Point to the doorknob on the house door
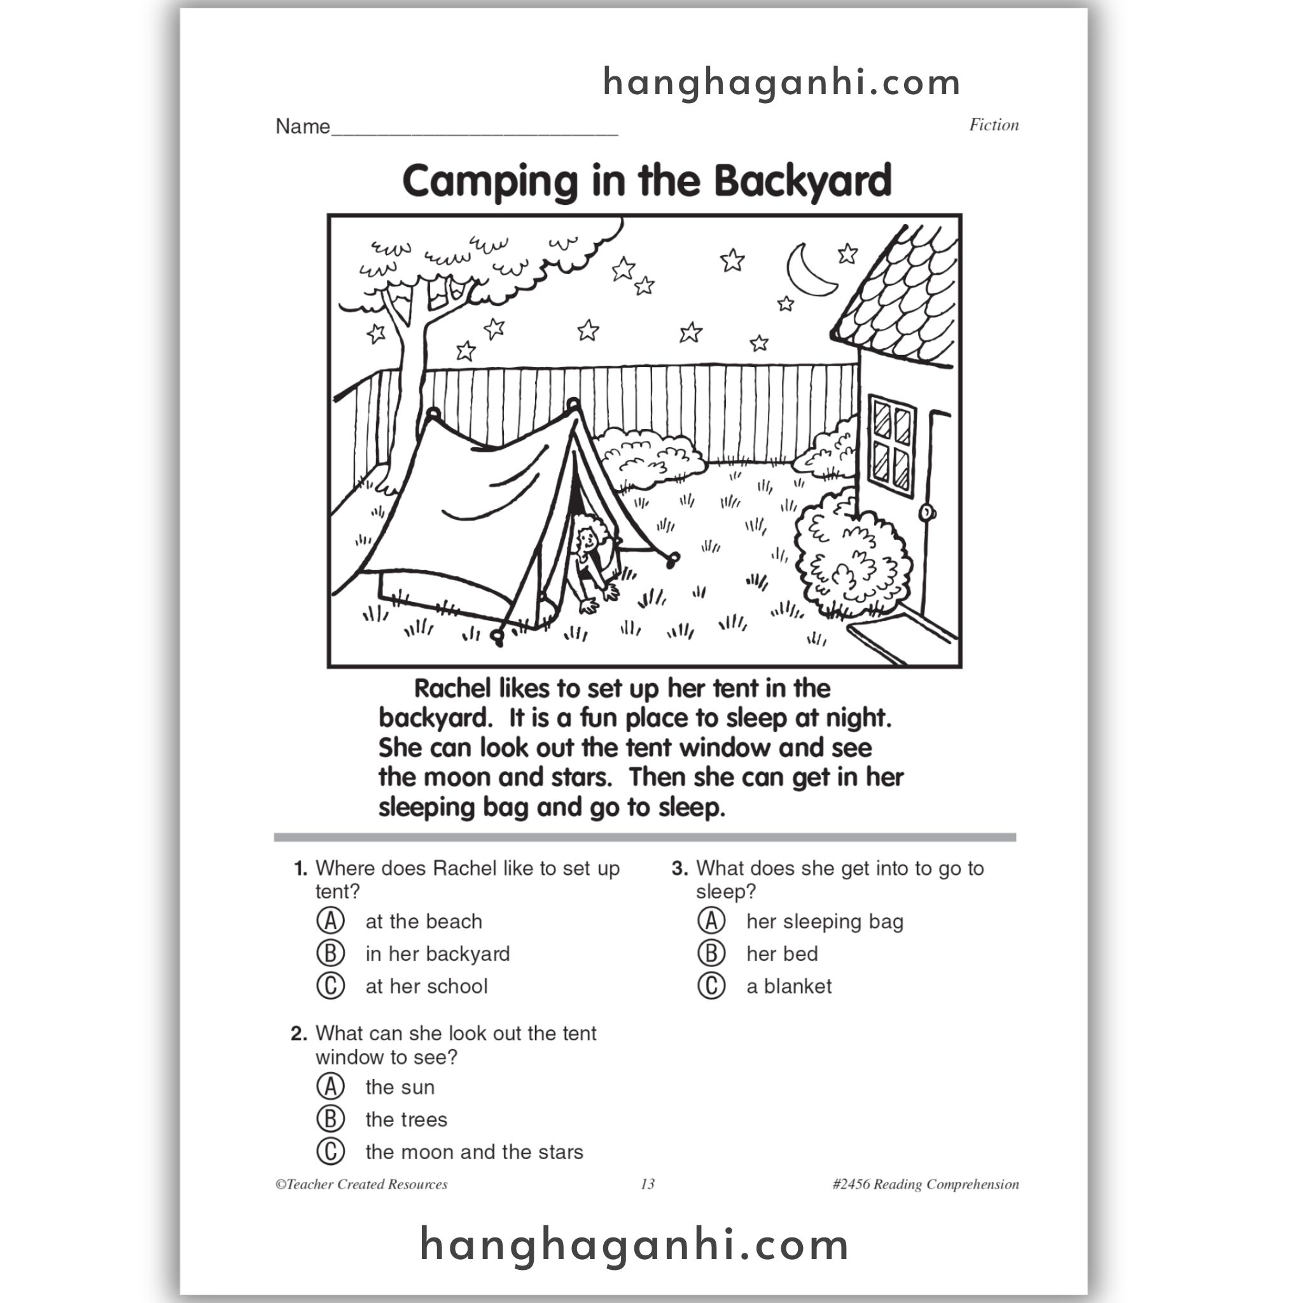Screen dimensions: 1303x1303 pos(928,513)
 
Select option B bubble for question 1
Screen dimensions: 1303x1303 pos(330,953)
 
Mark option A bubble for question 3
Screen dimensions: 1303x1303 pos(711,921)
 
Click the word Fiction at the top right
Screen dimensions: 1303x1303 pos(993,125)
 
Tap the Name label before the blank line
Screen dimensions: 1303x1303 pos(303,126)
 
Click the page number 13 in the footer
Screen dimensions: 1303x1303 pos(648,1184)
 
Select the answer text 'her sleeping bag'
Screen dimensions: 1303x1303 pos(824,921)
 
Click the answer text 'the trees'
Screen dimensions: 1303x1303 pos(406,1120)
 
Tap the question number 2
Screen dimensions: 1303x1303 pos(299,1033)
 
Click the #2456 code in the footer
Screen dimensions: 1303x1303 pos(851,1184)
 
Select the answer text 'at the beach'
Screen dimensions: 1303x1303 pos(424,921)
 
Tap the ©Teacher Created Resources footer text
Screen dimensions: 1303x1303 pos(361,1184)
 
